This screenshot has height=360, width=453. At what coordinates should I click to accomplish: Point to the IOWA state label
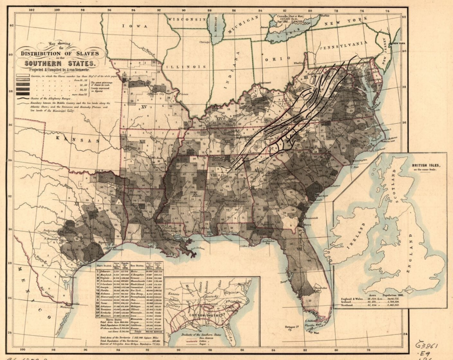point(126,26)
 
